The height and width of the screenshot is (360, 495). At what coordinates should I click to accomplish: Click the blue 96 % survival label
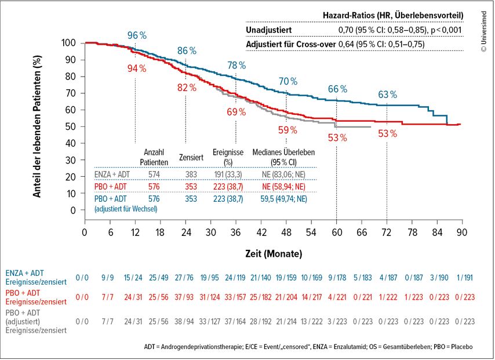(x=137, y=35)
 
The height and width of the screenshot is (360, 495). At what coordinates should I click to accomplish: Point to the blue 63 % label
(x=388, y=94)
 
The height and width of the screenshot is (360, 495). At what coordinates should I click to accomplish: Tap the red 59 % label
(x=287, y=130)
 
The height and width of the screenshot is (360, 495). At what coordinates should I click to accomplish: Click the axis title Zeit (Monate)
(x=273, y=253)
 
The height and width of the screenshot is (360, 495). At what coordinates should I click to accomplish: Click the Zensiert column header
(x=191, y=157)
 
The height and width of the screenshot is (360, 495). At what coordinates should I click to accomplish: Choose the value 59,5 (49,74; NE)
(x=280, y=199)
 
